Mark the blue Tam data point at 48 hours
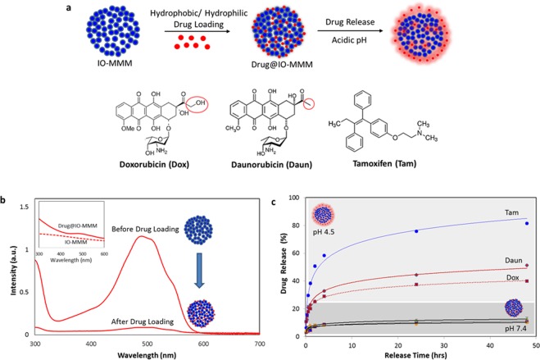[527, 246]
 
